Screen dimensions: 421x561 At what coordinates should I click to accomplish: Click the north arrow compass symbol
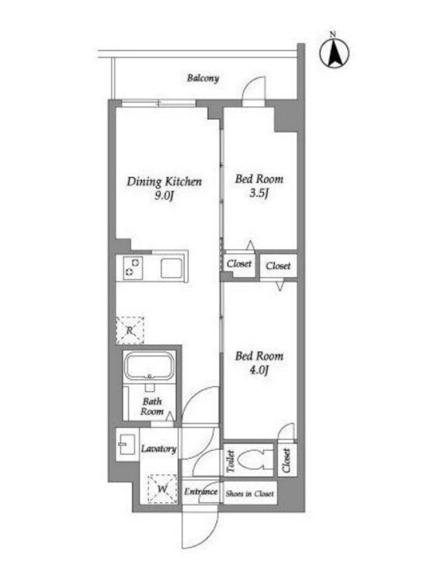(x=335, y=53)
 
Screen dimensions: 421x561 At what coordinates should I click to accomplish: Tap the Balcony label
(x=203, y=78)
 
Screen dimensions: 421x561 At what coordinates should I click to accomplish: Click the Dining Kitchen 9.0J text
(x=164, y=188)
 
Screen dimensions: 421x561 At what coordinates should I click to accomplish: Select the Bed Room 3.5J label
(x=259, y=185)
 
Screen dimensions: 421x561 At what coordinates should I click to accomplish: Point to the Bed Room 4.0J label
(x=259, y=363)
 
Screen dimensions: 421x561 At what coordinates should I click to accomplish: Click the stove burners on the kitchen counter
(x=133, y=267)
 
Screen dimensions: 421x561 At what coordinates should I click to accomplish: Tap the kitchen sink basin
(x=172, y=268)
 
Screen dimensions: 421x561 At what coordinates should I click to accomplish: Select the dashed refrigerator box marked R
(x=130, y=330)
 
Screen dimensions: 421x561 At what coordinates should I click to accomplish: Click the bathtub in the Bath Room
(x=149, y=365)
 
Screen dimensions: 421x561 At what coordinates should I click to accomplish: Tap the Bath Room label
(x=152, y=407)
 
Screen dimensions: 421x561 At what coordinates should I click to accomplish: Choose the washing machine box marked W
(x=163, y=489)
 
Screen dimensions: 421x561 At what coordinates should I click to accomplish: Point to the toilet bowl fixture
(x=255, y=459)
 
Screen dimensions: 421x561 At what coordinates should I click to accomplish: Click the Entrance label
(x=201, y=492)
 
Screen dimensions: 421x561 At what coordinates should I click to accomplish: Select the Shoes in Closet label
(x=250, y=494)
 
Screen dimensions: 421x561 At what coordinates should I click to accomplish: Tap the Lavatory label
(x=159, y=449)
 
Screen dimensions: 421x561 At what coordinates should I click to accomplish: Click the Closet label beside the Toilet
(x=286, y=460)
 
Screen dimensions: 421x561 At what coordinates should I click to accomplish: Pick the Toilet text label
(x=231, y=461)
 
